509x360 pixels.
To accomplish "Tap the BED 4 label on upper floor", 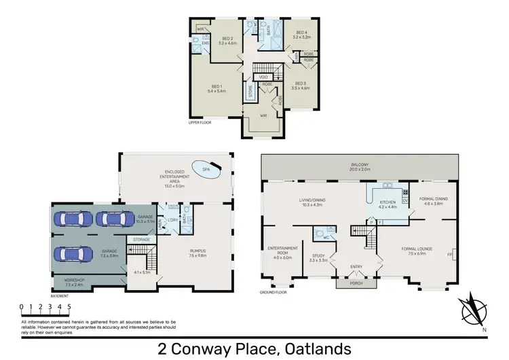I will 302,34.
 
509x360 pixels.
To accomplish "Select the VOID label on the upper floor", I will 265,77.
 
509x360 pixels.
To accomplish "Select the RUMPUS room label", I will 197,252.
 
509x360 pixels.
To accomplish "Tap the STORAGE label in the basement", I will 141,239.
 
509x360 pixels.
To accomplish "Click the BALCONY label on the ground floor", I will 360,165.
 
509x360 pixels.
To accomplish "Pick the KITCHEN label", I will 387,202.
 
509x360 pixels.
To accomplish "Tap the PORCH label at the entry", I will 356,285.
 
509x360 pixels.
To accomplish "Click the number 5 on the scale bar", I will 69,306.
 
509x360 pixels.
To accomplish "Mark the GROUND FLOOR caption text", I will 272,293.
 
